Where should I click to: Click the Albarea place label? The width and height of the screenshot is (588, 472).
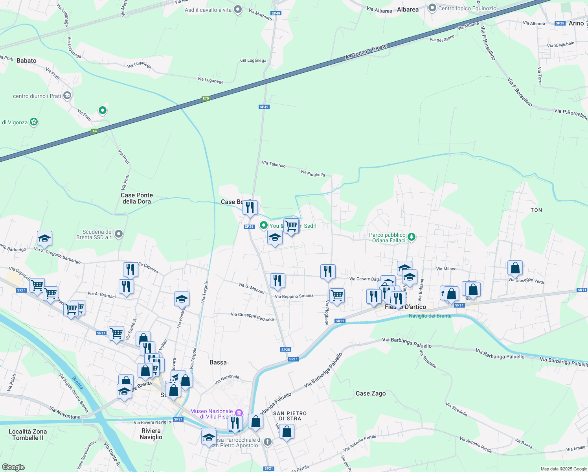[x=408, y=9]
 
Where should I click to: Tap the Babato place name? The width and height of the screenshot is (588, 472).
[x=26, y=61]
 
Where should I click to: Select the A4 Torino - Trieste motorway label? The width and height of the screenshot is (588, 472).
[x=366, y=52]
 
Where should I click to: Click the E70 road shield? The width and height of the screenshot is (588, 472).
[x=206, y=98]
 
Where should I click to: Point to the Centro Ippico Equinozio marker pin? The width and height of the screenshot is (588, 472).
[x=432, y=8]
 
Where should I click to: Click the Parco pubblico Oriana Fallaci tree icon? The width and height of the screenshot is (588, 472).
[x=412, y=237]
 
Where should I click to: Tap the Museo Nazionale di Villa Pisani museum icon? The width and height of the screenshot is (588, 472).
[x=239, y=413]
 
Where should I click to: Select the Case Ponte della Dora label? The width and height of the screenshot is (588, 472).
[x=137, y=198]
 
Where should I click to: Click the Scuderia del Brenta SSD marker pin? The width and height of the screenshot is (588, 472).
[x=119, y=234]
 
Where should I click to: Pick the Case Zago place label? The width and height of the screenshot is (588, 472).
[x=371, y=393]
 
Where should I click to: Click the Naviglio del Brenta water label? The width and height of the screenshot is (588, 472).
[x=430, y=316]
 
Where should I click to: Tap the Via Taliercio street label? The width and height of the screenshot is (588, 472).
[x=274, y=164]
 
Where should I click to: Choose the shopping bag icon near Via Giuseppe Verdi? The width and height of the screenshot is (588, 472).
[x=515, y=268]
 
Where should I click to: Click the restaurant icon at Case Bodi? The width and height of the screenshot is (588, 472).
[x=250, y=208]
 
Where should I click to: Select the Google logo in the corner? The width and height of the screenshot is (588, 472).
[x=13, y=467]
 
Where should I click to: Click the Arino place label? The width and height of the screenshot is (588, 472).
[x=576, y=23]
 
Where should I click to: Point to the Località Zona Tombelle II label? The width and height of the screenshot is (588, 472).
[x=28, y=435]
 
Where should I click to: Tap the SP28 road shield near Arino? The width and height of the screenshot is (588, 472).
[x=560, y=23]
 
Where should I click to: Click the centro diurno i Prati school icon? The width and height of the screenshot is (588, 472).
[x=67, y=95]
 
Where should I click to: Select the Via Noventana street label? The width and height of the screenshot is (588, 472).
[x=64, y=413]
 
